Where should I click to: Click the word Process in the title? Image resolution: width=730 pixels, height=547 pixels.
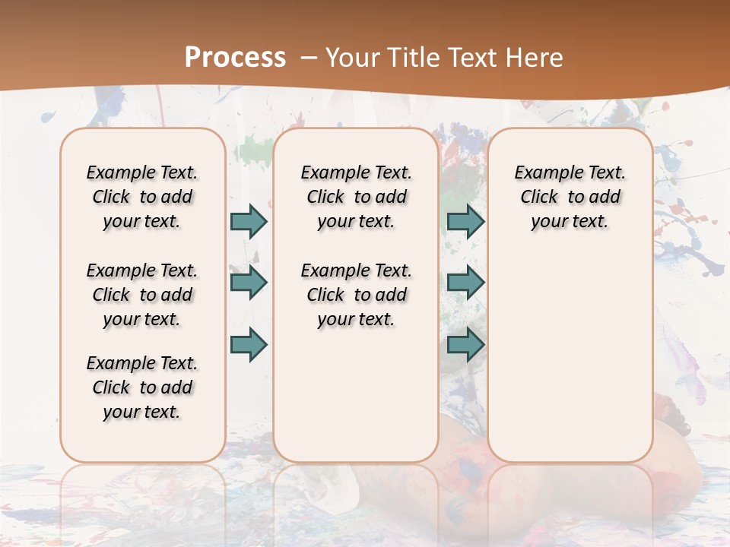coord(235,58)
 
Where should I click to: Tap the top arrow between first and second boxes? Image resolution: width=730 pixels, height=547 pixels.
coord(249,221)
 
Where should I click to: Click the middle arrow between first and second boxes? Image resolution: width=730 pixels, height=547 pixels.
coord(249,283)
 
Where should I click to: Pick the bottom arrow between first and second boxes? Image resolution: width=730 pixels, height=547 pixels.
coord(249,344)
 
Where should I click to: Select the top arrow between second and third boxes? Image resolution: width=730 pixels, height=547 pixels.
coord(465,221)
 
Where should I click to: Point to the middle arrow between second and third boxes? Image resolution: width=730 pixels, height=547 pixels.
coord(465,283)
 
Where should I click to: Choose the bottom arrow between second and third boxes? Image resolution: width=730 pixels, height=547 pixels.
coord(465,344)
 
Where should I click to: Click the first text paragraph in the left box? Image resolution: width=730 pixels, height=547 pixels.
coord(142,197)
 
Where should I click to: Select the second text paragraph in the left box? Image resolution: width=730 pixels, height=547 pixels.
coord(142,295)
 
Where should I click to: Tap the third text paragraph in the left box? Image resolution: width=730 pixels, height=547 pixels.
coord(142,387)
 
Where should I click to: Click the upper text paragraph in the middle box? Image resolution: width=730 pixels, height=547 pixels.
coord(356,197)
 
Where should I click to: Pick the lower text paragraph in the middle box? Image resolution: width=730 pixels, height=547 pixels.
coord(356,295)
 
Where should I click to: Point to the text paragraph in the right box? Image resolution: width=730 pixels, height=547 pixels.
coord(570,197)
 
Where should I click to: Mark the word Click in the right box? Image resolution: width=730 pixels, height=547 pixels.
coord(539,198)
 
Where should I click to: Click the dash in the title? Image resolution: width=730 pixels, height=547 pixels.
coord(309,58)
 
